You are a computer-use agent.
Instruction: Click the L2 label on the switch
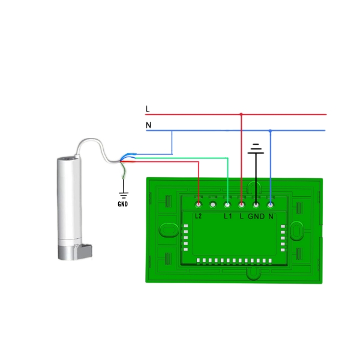click(199, 215)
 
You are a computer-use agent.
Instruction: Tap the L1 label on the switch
click(228, 215)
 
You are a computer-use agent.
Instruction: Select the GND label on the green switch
click(256, 215)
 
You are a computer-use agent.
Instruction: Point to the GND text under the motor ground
click(123, 203)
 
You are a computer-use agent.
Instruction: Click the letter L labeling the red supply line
click(148, 109)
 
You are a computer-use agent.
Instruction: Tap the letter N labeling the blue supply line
click(148, 125)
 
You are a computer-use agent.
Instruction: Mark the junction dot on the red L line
click(241, 113)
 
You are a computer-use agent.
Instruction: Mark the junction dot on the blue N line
click(270, 130)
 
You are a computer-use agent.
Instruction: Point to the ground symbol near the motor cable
click(124, 193)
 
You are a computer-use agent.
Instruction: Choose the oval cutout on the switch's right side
click(298, 231)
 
